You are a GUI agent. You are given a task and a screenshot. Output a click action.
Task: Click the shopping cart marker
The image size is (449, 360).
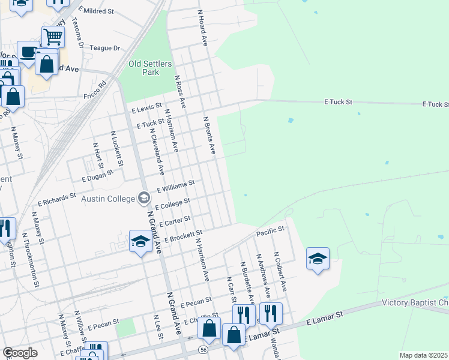[x=53, y=37]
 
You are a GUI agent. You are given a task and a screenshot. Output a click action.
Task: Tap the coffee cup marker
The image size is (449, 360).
[x=28, y=53]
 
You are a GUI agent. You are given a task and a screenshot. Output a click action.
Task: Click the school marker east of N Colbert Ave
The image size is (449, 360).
[x=318, y=259]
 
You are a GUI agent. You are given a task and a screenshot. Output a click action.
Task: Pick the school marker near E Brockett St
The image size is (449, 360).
[x=140, y=242]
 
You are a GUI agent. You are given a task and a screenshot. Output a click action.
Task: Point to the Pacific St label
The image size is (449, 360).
[x=270, y=230]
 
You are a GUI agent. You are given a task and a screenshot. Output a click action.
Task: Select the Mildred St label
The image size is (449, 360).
[x=98, y=11]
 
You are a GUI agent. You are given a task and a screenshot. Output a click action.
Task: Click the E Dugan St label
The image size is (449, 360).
[x=93, y=175]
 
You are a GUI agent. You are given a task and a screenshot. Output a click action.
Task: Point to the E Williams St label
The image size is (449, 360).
[x=176, y=186]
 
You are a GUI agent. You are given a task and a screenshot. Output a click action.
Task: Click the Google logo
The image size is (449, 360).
[x=20, y=353]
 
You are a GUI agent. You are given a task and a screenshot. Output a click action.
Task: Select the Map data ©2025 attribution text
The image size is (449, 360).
[x=423, y=355]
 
